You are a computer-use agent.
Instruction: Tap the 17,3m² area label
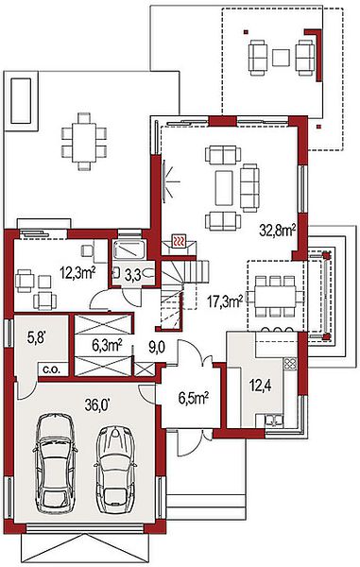point(225,301)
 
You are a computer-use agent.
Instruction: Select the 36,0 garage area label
point(97,404)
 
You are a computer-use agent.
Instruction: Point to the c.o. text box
point(53,369)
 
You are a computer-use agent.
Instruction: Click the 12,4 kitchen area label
point(261,387)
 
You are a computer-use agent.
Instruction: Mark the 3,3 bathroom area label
point(132,276)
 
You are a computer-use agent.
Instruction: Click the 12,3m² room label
point(77,273)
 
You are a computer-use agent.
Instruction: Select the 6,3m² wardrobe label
point(107,345)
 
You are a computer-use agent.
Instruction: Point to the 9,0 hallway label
point(157,348)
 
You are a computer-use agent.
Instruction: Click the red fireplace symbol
point(179,240)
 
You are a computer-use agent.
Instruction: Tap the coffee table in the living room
point(224,188)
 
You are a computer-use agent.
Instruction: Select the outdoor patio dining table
point(84,143)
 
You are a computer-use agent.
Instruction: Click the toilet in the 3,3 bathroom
point(148,273)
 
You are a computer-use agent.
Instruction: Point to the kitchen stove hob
point(289,364)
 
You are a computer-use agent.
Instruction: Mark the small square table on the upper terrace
point(281,58)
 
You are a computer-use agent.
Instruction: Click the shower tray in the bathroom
point(129,249)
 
